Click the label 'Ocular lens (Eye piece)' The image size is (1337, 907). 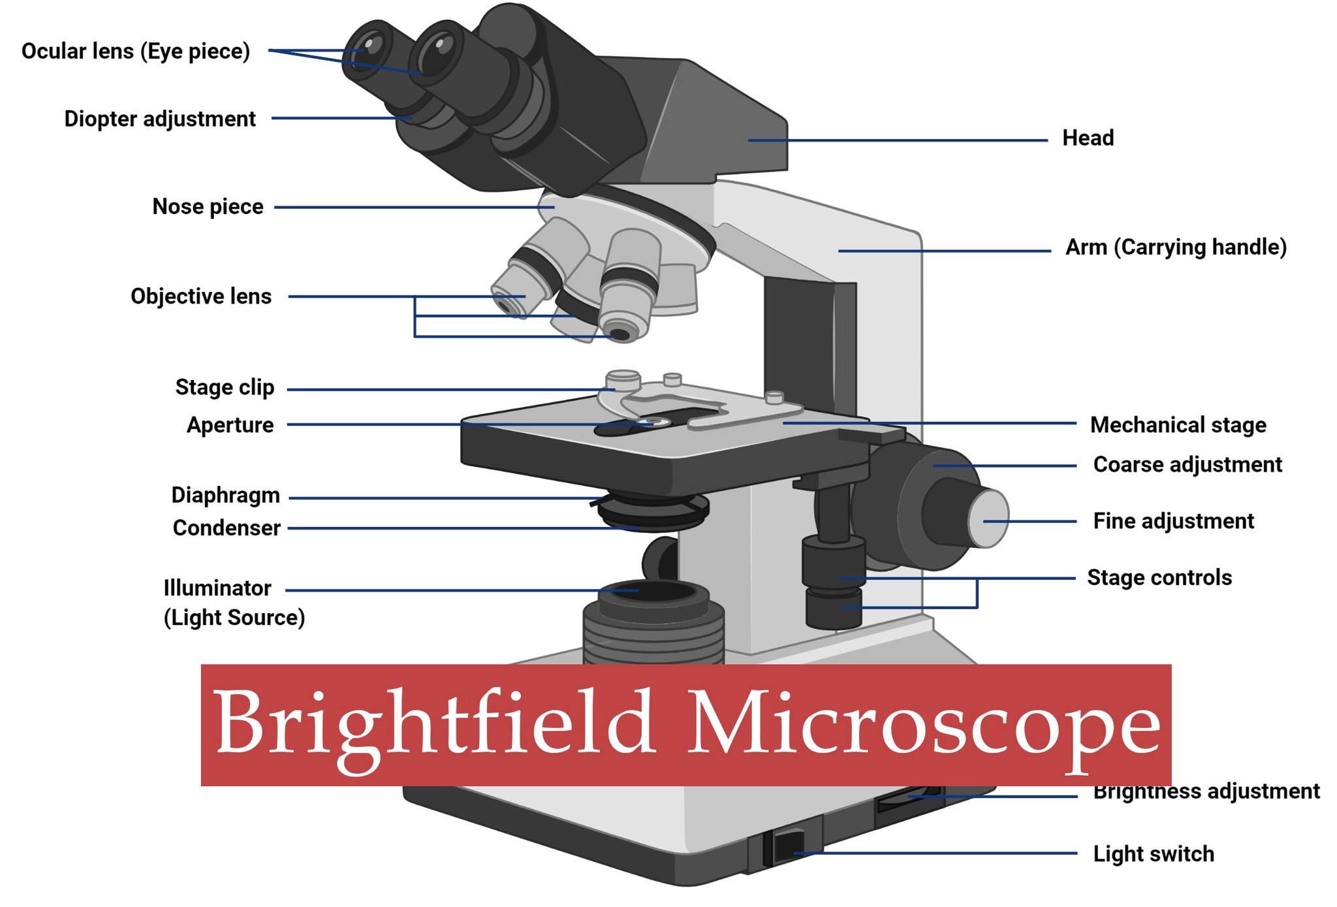[136, 52]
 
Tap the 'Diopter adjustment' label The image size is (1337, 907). [160, 119]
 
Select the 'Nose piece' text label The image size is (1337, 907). [208, 206]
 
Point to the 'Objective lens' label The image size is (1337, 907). [201, 296]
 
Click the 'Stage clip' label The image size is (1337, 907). [225, 387]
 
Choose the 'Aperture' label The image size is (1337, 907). [230, 425]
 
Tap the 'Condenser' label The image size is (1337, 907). [227, 528]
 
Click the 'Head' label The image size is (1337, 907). [1088, 138]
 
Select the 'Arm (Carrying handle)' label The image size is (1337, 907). [1176, 247]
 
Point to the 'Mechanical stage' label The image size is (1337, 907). [1178, 425]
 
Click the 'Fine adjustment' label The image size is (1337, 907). [1173, 521]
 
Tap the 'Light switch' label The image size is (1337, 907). [1154, 853]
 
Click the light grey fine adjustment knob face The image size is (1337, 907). [990, 519]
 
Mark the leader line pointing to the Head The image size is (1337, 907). [898, 140]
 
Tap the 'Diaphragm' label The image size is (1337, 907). [226, 496]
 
